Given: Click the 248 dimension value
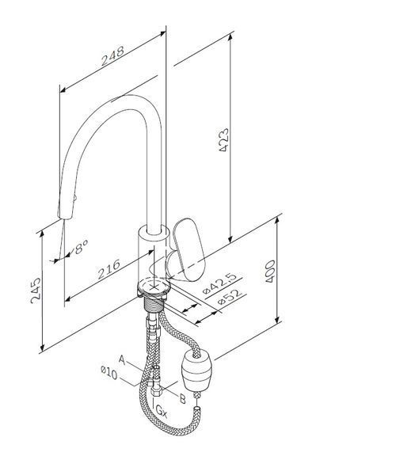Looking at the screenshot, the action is (x=112, y=56).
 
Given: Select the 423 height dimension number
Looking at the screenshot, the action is (x=224, y=140).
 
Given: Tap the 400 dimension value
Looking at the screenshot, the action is (x=270, y=271).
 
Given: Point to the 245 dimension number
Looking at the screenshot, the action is (x=36, y=291).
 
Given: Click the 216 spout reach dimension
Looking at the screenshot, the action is (x=109, y=269).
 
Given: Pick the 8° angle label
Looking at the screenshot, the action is (x=82, y=247).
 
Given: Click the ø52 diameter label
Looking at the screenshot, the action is (x=230, y=297).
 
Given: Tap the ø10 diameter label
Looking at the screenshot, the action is (x=109, y=373).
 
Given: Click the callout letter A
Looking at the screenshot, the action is (x=122, y=359).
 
